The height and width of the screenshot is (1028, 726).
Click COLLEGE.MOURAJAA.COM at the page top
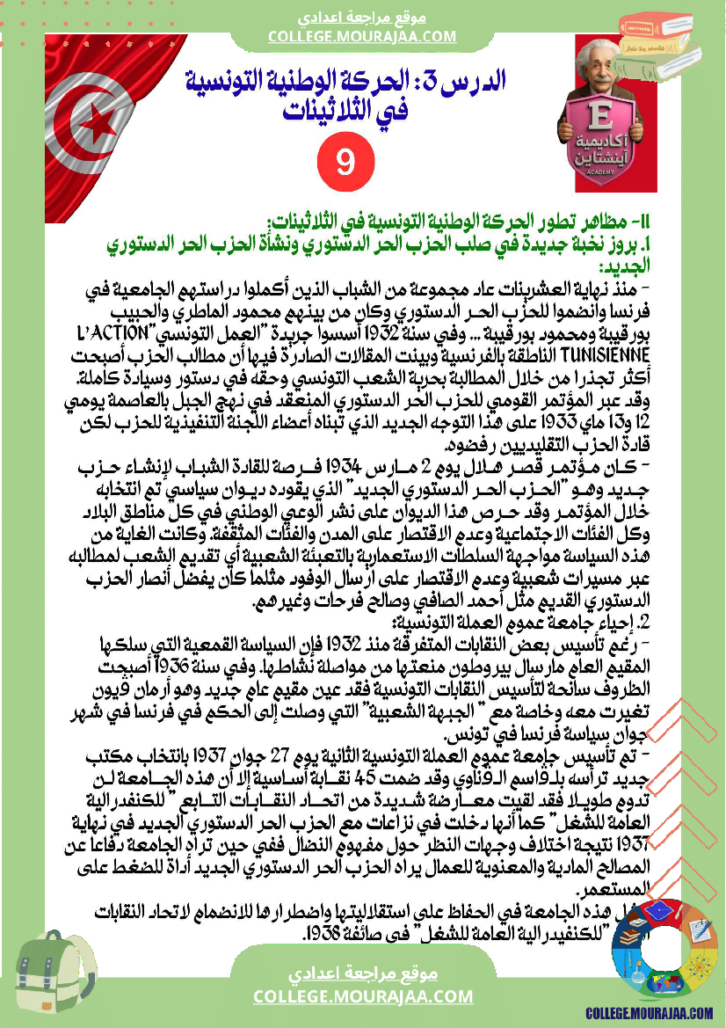[x=362, y=36]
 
